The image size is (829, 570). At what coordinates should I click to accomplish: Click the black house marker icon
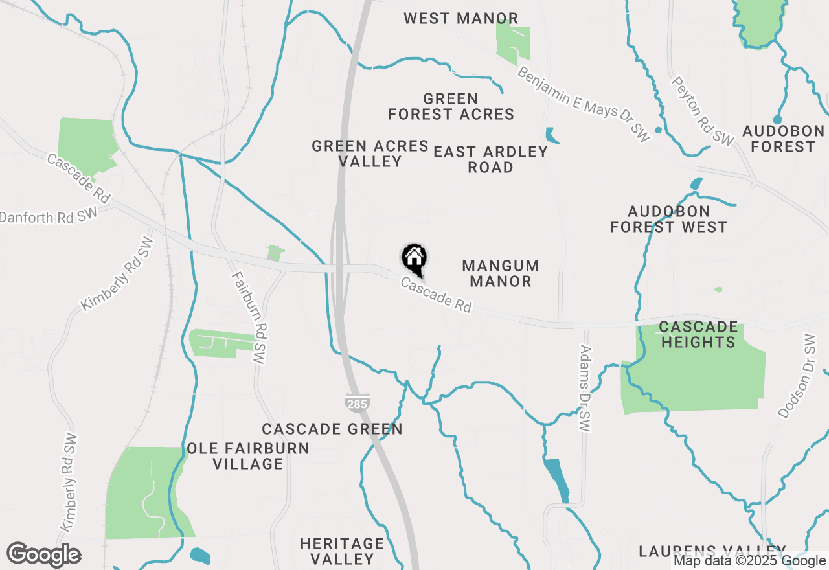(x=414, y=260)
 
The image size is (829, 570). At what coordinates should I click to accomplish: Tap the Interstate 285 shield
(x=357, y=402)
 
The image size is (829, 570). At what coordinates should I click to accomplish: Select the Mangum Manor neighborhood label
(x=501, y=273)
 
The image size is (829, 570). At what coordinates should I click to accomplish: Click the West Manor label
(x=461, y=18)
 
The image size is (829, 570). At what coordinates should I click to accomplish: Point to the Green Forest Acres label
(x=451, y=107)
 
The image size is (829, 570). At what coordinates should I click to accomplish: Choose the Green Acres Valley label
(x=370, y=154)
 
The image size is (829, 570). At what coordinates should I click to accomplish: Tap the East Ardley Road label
(x=491, y=159)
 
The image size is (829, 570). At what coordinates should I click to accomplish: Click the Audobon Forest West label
(x=669, y=219)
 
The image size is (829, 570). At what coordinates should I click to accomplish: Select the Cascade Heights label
(x=698, y=334)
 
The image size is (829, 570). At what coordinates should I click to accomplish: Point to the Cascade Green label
(x=332, y=429)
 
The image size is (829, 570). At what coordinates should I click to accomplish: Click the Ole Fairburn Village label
(x=248, y=456)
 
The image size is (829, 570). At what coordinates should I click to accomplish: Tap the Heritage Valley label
(x=342, y=551)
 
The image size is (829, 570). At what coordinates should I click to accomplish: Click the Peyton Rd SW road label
(x=703, y=111)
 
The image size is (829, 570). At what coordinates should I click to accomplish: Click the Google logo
(x=44, y=554)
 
